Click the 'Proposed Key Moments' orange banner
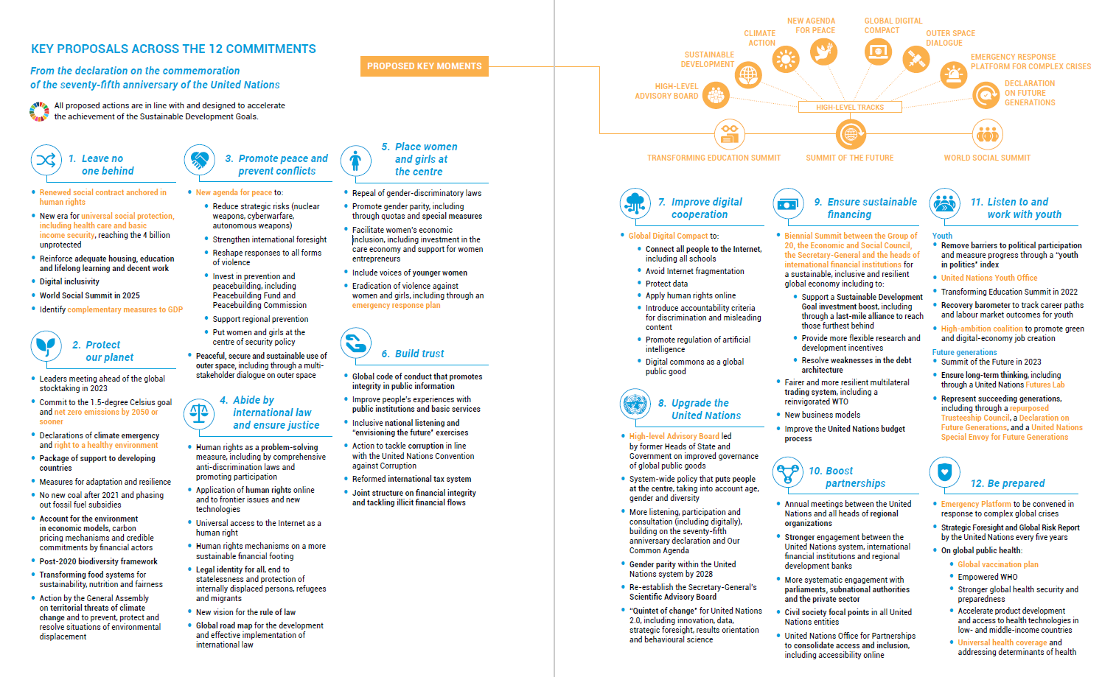[x=424, y=66]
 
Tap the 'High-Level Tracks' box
[x=850, y=107]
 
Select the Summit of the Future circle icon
[x=851, y=134]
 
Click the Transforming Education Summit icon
[x=729, y=134]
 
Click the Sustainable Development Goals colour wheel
[x=39, y=111]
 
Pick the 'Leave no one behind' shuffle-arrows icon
[x=46, y=160]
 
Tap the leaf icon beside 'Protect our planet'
[x=46, y=345]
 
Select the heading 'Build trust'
[x=419, y=354]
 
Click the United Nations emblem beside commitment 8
[x=635, y=404]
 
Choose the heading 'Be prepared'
[x=1008, y=483]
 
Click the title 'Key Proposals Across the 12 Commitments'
[x=173, y=49]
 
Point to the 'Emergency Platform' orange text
[x=976, y=504]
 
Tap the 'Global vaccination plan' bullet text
[x=997, y=564]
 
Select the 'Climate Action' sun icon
[x=787, y=58]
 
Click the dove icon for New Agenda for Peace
[x=823, y=52]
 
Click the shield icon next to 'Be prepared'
[x=944, y=471]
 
